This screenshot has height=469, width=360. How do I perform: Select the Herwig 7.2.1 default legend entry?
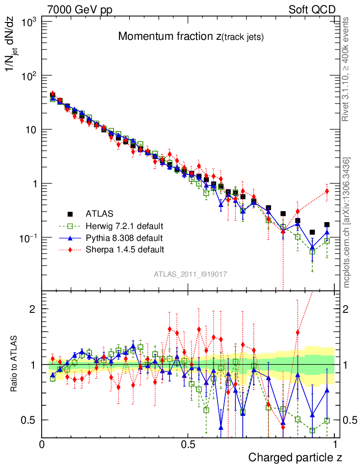click(x=125, y=226)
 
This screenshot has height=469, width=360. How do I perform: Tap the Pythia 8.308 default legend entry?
click(x=124, y=238)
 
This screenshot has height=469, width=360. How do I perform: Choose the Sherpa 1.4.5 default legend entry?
click(x=125, y=250)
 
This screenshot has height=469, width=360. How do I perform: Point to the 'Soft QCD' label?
click(x=312, y=10)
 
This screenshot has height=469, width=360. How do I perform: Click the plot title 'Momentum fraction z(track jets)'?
click(x=191, y=37)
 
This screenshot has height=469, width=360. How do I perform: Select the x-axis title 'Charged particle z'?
click(x=295, y=457)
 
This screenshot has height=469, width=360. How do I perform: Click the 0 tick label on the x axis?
click(x=42, y=444)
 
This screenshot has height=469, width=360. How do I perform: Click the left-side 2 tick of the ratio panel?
click(x=33, y=309)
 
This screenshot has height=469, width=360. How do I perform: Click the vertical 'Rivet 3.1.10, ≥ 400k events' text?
click(x=347, y=69)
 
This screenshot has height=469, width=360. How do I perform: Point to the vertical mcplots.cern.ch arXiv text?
click(x=347, y=223)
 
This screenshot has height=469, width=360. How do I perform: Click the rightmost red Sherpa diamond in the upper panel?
click(x=327, y=191)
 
